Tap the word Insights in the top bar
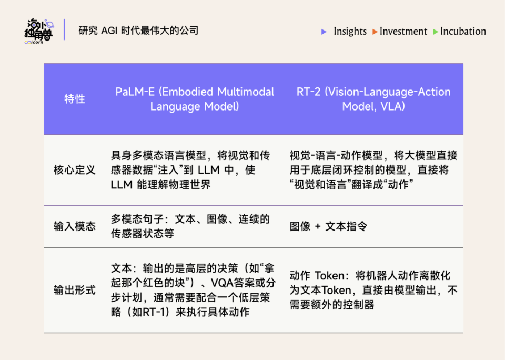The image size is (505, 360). (350, 32)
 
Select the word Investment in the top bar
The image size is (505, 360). (403, 32)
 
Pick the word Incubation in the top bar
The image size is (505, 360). (463, 32)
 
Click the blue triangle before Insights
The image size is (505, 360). (324, 32)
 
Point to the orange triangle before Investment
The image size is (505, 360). (375, 32)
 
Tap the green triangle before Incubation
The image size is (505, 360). (435, 32)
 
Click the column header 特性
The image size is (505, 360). (74, 99)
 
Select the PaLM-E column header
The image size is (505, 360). (195, 99)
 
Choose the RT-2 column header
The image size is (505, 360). (373, 99)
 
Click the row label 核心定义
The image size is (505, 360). (74, 170)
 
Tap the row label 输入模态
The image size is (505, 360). (74, 226)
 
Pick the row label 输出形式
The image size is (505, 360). (74, 290)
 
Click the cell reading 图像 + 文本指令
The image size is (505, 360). (328, 226)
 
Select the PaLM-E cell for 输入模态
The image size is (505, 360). (190, 226)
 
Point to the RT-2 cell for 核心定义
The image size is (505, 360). (373, 170)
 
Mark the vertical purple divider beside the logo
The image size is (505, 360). (65, 30)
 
